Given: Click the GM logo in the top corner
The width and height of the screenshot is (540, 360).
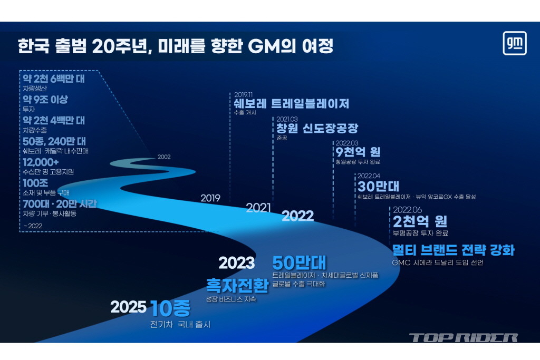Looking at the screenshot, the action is click(x=515, y=43).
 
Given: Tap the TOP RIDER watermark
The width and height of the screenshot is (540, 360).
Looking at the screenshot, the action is click(x=464, y=338).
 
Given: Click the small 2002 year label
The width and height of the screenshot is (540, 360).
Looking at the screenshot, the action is click(x=164, y=157).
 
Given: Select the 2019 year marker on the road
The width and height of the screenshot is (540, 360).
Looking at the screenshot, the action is click(x=210, y=198).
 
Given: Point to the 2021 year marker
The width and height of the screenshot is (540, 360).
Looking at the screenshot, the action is click(x=258, y=208).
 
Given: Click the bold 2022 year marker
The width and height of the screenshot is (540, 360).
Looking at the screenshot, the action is click(x=297, y=216).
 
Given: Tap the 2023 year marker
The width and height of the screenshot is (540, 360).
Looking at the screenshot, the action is click(x=237, y=263).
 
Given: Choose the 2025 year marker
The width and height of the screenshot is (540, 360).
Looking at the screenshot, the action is click(x=128, y=307).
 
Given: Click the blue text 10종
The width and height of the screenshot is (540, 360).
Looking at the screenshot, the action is click(x=170, y=308).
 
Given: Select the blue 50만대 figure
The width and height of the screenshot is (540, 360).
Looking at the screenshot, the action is click(x=299, y=263).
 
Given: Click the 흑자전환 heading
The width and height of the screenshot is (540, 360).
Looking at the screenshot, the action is click(x=237, y=285).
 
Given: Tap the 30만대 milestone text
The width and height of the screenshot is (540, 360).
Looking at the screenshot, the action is click(x=378, y=186).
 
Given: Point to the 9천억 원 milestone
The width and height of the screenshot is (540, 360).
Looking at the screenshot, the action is click(x=358, y=152).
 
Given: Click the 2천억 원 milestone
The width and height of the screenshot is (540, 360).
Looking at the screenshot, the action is click(x=420, y=221).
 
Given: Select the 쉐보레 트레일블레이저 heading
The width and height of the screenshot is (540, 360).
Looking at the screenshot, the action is click(x=291, y=104).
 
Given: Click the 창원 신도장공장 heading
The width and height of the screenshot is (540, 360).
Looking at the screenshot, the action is click(x=317, y=129).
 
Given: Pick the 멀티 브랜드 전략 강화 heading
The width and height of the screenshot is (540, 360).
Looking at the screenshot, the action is click(x=453, y=250).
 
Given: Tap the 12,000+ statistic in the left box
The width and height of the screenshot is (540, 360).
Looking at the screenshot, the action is click(x=41, y=162).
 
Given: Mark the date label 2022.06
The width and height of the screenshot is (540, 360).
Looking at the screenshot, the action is click(x=408, y=210).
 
